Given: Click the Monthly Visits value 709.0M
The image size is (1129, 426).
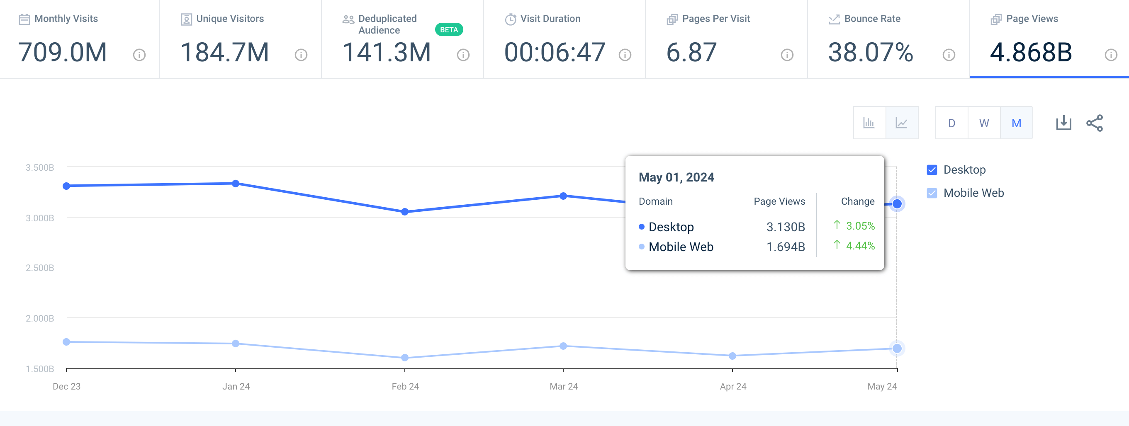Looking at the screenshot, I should pos(63,53).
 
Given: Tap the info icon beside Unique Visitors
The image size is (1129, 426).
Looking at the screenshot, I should pos(301,55).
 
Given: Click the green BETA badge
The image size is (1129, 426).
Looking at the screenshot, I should pos(448,30).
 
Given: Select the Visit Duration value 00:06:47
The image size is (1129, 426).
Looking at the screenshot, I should pos(555,53).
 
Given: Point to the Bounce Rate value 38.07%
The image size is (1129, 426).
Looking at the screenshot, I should pos(871,53).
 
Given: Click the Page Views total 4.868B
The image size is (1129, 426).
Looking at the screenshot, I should pos(1031,53).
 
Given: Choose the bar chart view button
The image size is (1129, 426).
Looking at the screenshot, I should pos(869,123).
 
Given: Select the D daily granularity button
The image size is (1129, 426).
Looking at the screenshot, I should pos(951,123).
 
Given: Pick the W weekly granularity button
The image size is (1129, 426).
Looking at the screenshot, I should pos(984,123).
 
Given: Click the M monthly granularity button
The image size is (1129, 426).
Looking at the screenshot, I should pos(1016,123).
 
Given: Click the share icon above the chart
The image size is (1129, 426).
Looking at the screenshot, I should pos(1095,123).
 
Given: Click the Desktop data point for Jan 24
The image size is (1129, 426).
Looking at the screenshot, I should pos(236,184).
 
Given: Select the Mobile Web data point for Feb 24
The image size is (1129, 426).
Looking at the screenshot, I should pos(405,358).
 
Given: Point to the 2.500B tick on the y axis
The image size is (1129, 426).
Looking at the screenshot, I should pos(40,268).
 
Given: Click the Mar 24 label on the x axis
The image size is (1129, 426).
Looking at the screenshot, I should pos(564,386).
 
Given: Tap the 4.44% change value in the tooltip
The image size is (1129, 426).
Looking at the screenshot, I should pos(860,246).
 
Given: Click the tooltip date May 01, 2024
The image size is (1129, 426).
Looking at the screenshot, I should pos(676,177).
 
